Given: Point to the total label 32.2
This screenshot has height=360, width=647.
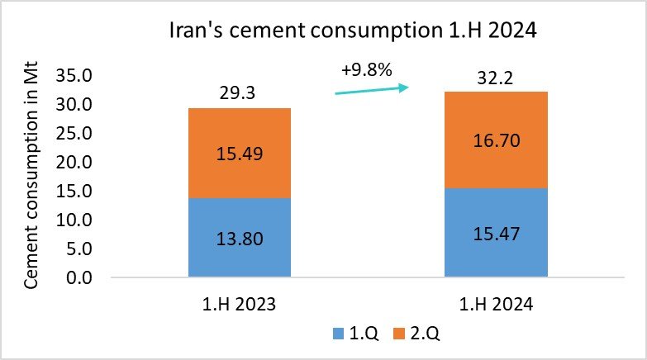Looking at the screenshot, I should point(496,79).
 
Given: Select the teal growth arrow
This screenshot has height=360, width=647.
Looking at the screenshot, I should point(372,89).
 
